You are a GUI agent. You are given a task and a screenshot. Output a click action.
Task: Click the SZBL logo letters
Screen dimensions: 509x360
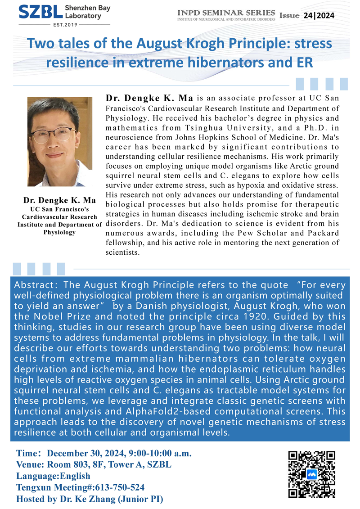pyautogui.click(x=34, y=12)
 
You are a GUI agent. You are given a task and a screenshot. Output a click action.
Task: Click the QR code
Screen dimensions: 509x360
pyautogui.click(x=311, y=474)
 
